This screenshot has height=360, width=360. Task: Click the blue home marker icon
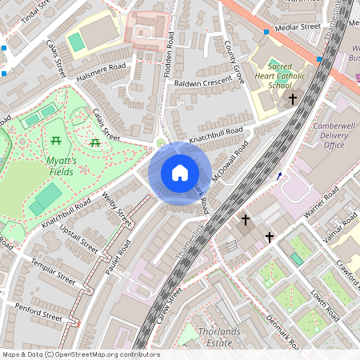[x=180, y=172]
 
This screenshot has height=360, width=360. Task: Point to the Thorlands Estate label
[x=218, y=337]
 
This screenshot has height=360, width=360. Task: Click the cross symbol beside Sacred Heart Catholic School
[x=293, y=99]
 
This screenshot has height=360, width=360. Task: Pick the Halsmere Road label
[x=101, y=72]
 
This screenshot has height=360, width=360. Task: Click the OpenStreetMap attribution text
[x=80, y=354]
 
